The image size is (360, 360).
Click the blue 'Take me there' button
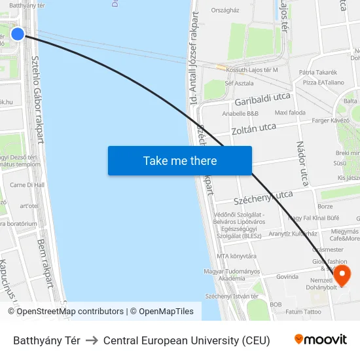[180, 161]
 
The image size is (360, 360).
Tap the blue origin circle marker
[18, 34]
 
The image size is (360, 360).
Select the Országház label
[225, 10]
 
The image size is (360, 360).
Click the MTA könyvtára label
[236, 256]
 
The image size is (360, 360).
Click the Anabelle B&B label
[240, 113]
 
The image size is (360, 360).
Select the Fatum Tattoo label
[304, 312]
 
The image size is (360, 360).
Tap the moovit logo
[321, 340]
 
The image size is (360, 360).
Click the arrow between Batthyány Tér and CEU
[92, 340]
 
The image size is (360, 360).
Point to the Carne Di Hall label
[27, 185]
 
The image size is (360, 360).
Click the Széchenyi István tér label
[228, 297]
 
